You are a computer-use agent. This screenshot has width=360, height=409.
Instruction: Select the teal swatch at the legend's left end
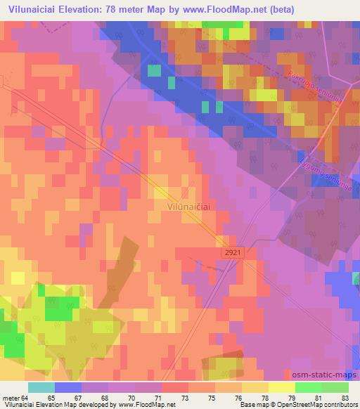point(41,387)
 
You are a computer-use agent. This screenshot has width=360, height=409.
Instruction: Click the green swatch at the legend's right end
point(335,387)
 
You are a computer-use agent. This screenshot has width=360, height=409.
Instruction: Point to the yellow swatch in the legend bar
point(281,387)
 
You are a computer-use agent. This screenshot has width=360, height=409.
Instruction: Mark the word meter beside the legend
point(12,397)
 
